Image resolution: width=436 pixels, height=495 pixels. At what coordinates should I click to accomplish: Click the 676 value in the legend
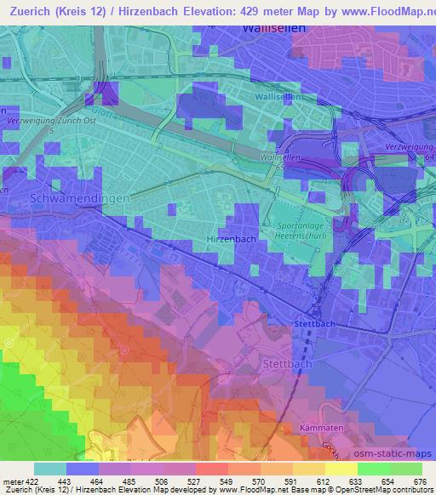421,482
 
